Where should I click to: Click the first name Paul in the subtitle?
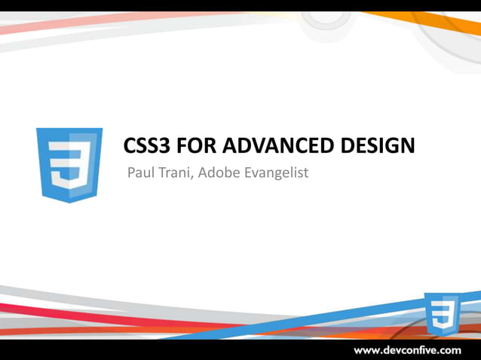coord(140,173)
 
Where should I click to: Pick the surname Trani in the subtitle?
coord(174,173)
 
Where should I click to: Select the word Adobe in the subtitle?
coord(219,173)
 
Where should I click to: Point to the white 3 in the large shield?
coord(69,167)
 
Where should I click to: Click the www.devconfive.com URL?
coord(407,350)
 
